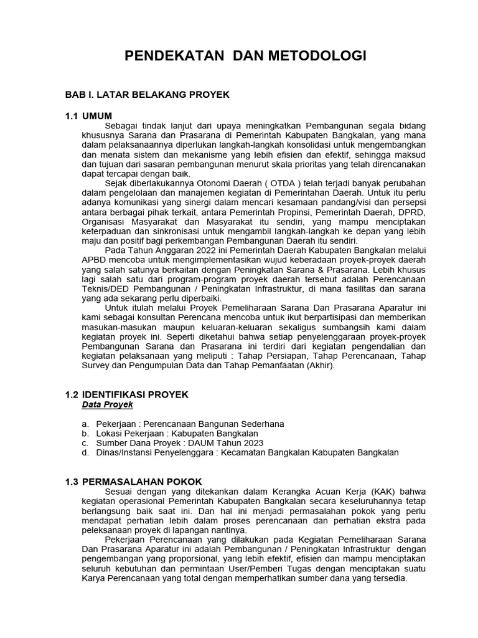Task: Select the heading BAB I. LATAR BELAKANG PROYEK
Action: click(x=148, y=94)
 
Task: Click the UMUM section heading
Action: click(x=97, y=117)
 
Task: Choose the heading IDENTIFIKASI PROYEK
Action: click(x=135, y=394)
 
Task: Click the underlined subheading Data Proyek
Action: click(x=108, y=404)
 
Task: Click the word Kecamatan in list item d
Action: click(x=244, y=452)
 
